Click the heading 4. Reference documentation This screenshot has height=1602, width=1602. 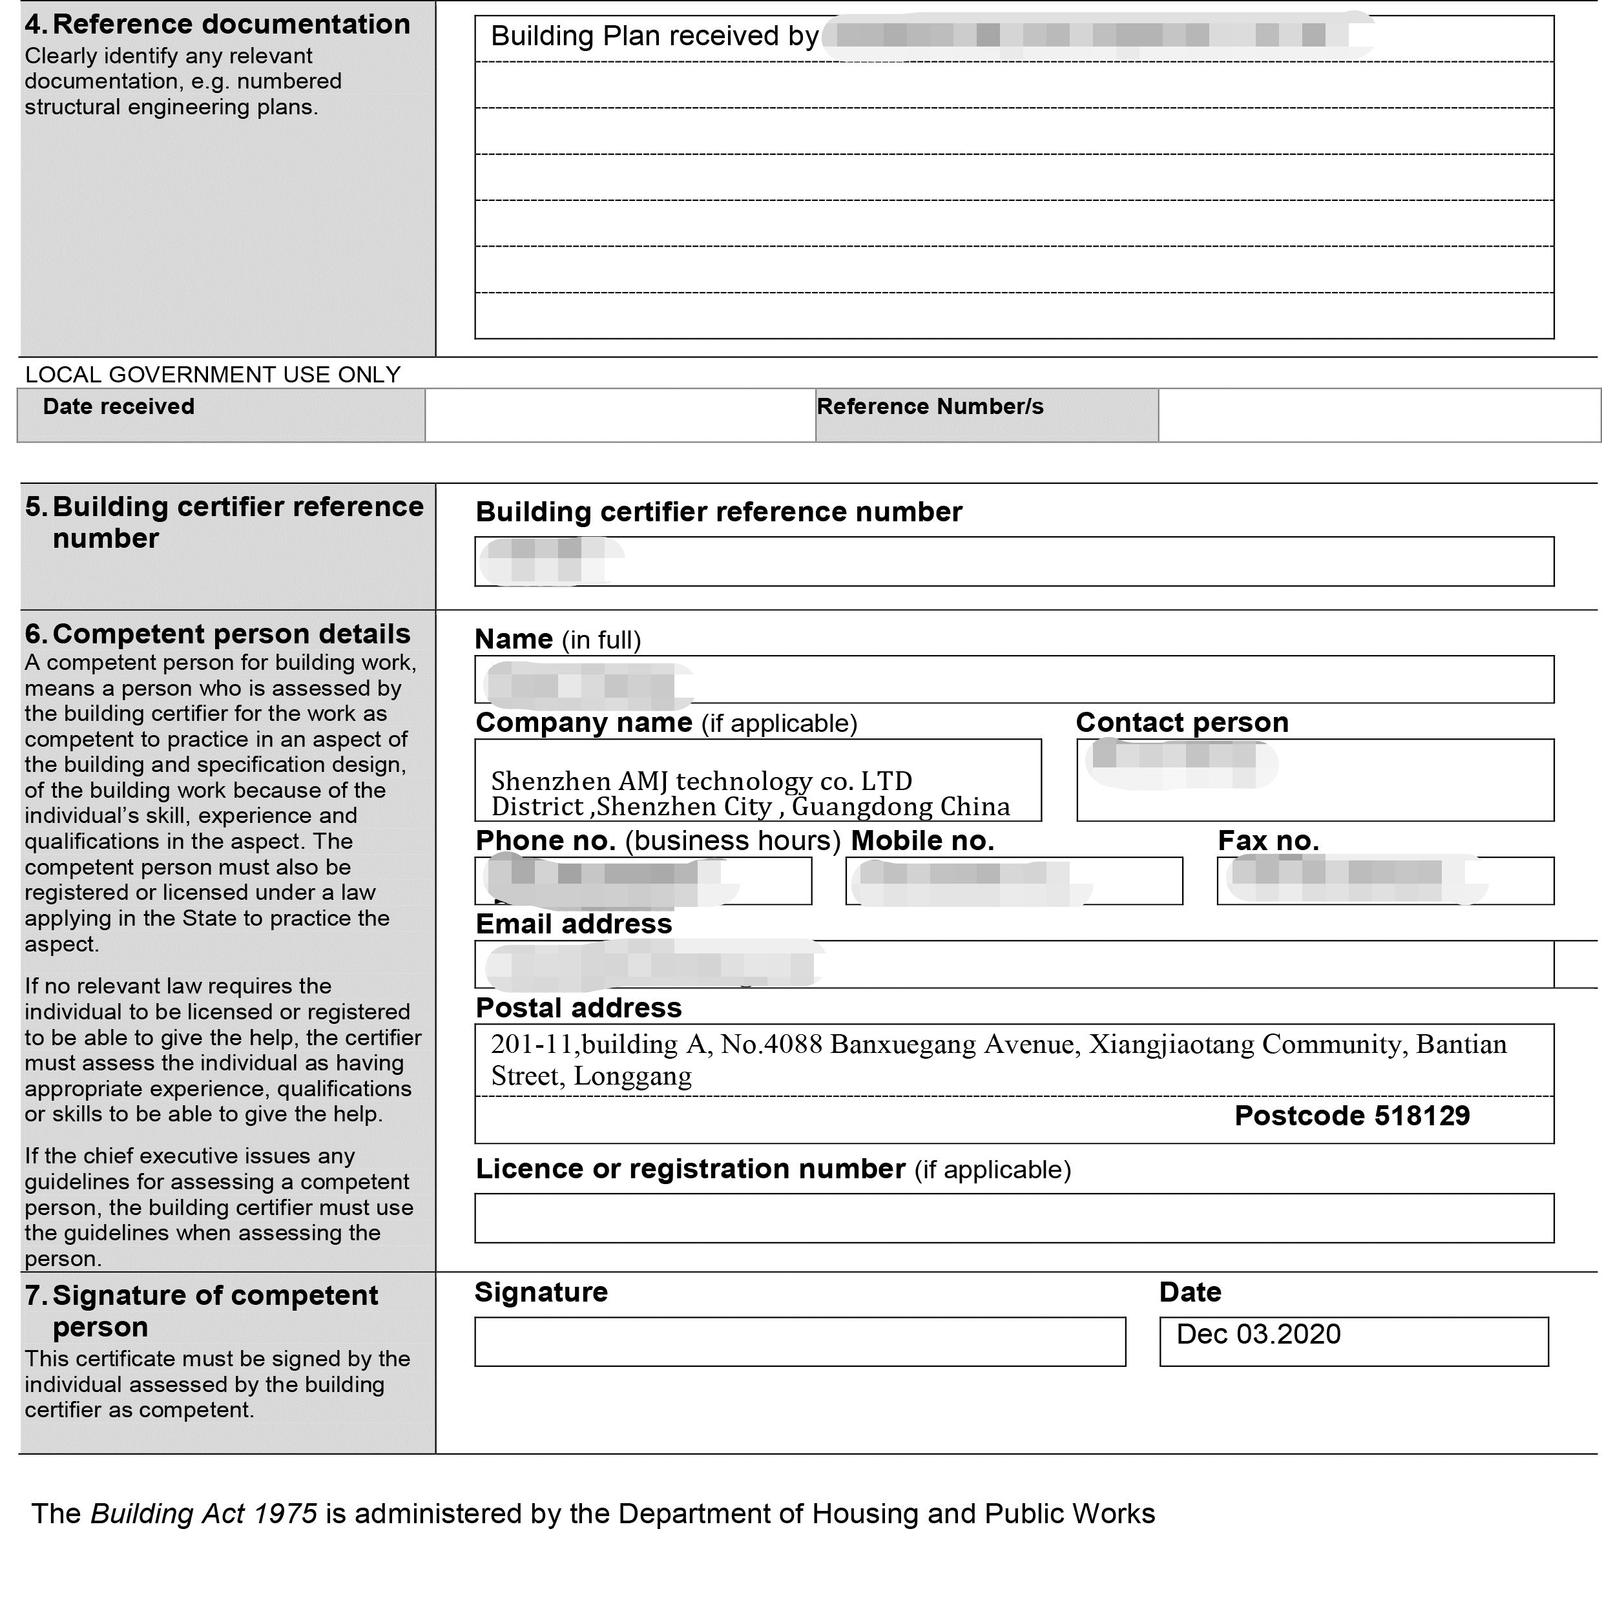217,24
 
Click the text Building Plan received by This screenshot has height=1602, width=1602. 654,36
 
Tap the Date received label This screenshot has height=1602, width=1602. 119,406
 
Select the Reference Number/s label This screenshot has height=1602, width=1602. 930,406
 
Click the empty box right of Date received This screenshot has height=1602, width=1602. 619,415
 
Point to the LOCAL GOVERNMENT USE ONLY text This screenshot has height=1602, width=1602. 213,375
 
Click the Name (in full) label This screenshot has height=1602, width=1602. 557,640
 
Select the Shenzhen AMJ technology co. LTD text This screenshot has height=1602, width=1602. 701,780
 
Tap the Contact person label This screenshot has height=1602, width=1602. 1181,722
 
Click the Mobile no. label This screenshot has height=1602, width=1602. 922,841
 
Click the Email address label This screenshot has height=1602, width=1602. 573,924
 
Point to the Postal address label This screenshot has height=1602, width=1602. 578,1008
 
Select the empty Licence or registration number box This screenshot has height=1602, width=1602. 1014,1218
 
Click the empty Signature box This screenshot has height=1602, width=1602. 799,1342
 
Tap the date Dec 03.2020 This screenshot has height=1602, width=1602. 1258,1334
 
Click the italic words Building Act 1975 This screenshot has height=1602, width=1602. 203,1514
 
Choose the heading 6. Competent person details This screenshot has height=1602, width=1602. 217,634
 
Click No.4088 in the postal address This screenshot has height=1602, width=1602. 771,1044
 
